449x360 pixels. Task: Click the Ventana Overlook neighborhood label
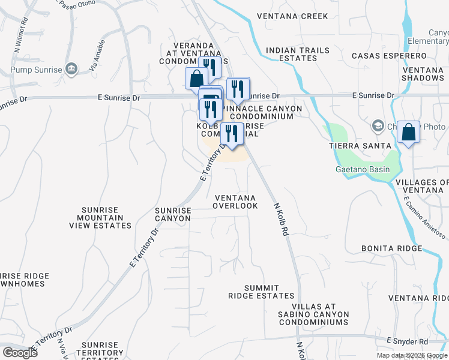(235, 202)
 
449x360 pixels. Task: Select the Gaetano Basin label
(362, 169)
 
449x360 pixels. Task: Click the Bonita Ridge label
(388, 248)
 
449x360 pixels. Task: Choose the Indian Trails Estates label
(291, 54)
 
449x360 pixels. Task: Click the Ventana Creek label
(292, 16)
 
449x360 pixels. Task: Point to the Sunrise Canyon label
(173, 214)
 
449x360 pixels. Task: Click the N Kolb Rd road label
(280, 220)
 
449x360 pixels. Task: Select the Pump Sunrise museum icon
(71, 70)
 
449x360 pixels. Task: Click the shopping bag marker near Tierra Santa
(408, 132)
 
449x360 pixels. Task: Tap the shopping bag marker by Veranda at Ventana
(197, 78)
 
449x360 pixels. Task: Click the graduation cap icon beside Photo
(378, 127)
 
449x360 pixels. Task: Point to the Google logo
(20, 353)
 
